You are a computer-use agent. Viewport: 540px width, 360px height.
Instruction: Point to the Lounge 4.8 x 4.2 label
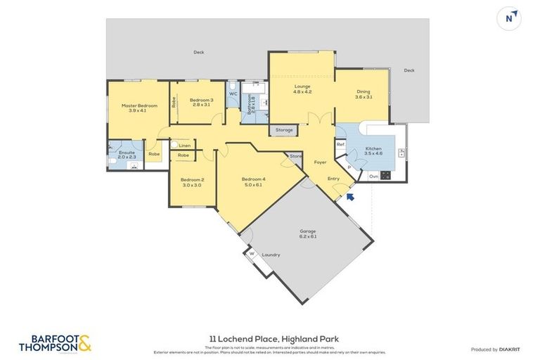[302, 89]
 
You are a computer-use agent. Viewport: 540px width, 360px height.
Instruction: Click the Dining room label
[363, 94]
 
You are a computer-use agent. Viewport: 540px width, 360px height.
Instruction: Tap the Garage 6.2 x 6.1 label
[308, 233]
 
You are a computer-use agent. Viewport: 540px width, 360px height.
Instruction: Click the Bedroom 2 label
[193, 182]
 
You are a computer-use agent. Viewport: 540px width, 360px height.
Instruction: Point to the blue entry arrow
[350, 198]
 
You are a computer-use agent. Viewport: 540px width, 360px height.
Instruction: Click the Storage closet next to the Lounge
[284, 130]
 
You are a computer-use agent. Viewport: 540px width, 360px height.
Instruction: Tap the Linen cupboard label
[184, 146]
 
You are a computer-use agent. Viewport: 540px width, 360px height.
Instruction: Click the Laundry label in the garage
[271, 255]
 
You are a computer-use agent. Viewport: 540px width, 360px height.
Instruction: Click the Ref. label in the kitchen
[340, 145]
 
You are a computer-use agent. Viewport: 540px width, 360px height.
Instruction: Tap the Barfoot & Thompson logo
[56, 343]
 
